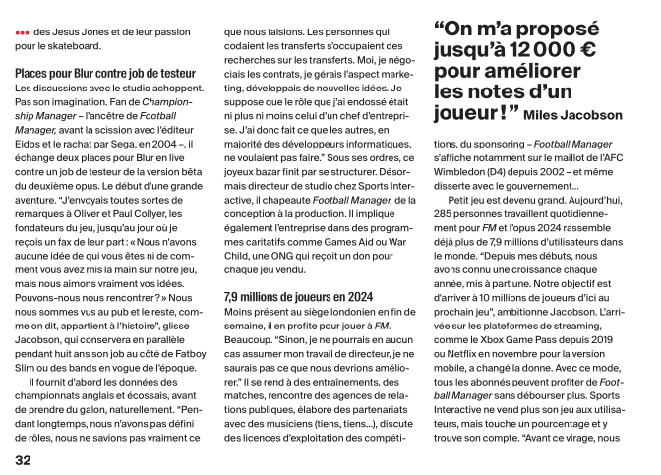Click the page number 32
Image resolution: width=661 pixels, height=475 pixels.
tap(23, 458)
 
